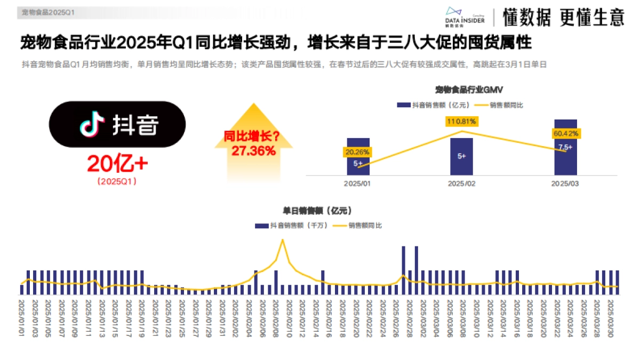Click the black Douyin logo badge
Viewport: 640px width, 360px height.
click(117, 124)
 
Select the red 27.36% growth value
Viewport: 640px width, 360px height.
click(253, 151)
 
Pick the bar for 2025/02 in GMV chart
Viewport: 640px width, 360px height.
click(461, 156)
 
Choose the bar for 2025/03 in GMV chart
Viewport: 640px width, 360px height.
click(565, 147)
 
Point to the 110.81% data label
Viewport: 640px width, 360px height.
click(462, 122)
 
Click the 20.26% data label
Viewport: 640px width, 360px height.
click(357, 152)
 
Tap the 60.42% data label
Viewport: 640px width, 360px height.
click(566, 133)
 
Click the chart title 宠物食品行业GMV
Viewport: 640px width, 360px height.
click(462, 89)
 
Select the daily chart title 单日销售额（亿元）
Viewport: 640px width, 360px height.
click(317, 211)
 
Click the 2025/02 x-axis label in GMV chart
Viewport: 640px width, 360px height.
click(461, 183)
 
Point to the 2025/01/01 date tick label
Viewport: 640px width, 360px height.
click(22, 318)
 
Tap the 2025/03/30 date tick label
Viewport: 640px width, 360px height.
click(611, 318)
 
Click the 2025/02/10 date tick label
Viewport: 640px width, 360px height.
click(289, 318)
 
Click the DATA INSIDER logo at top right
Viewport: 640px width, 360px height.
click(465, 17)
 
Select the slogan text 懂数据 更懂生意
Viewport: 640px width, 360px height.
click(563, 18)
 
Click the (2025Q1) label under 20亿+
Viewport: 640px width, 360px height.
click(117, 181)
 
